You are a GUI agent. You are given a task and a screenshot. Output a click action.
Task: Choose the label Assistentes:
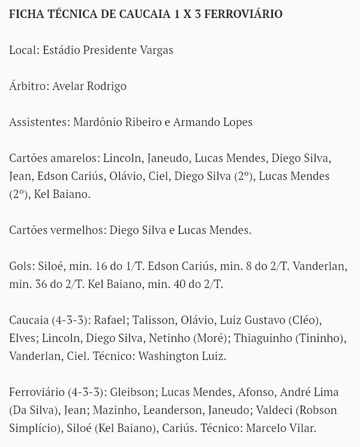[40, 122]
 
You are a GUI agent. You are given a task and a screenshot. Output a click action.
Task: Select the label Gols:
[23, 266]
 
